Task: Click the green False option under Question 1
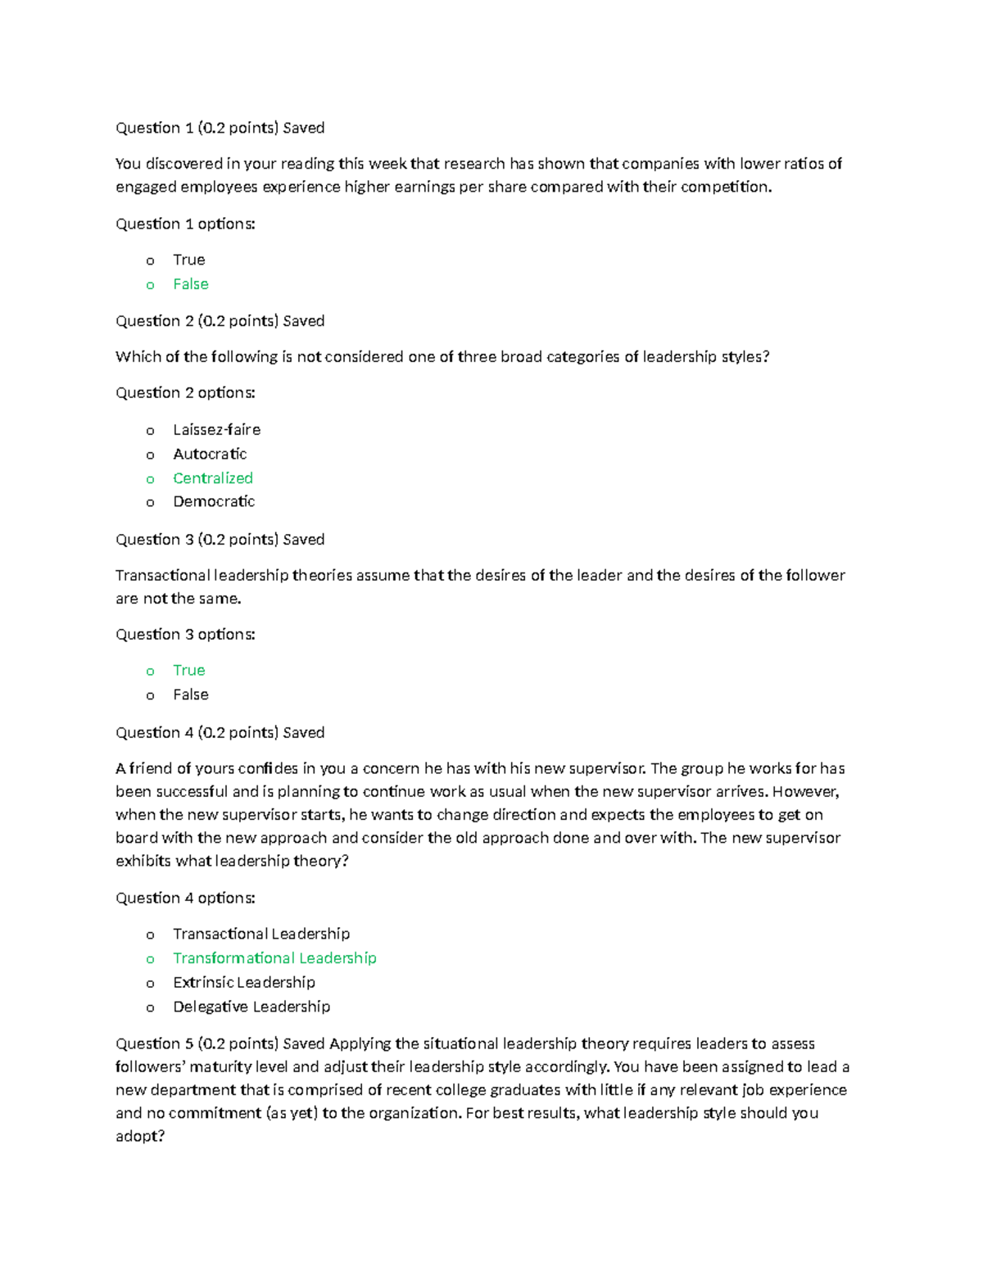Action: (190, 284)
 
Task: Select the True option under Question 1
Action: (188, 260)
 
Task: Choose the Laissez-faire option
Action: (216, 430)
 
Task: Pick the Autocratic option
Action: (210, 454)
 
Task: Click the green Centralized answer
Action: (213, 478)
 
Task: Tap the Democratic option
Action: (214, 501)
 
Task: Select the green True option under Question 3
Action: (188, 670)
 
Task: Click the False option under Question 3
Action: (190, 695)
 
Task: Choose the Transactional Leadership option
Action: (261, 934)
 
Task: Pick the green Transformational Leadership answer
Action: (274, 958)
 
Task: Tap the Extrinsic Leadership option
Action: (244, 982)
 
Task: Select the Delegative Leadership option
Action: (251, 1007)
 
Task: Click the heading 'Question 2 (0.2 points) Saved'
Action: (220, 321)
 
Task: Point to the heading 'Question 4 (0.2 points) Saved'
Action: (220, 732)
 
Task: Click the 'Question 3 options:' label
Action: (185, 635)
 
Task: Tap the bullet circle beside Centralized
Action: (150, 479)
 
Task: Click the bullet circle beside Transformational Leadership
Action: (150, 959)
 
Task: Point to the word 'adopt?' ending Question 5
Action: (140, 1136)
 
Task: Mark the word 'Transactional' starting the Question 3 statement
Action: (162, 575)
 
